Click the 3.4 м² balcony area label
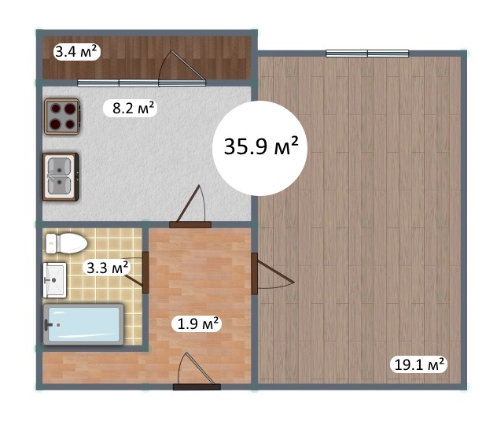pyautogui.click(x=76, y=52)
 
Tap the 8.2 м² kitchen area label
pyautogui.click(x=131, y=109)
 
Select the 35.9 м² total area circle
pyautogui.click(x=260, y=148)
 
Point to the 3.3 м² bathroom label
pyautogui.click(x=107, y=268)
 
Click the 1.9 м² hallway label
pyautogui.click(x=197, y=323)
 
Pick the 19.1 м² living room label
pyautogui.click(x=418, y=364)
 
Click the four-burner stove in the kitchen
pyautogui.click(x=62, y=116)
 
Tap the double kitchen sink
pyautogui.click(x=61, y=176)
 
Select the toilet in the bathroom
pyautogui.click(x=66, y=243)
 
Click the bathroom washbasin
pyautogui.click(x=55, y=280)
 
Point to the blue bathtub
pyautogui.click(x=83, y=324)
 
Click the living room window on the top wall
pyautogui.click(x=367, y=54)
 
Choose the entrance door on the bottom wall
pyautogui.click(x=197, y=371)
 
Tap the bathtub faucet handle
pyautogui.click(x=47, y=325)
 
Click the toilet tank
pyautogui.click(x=51, y=243)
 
